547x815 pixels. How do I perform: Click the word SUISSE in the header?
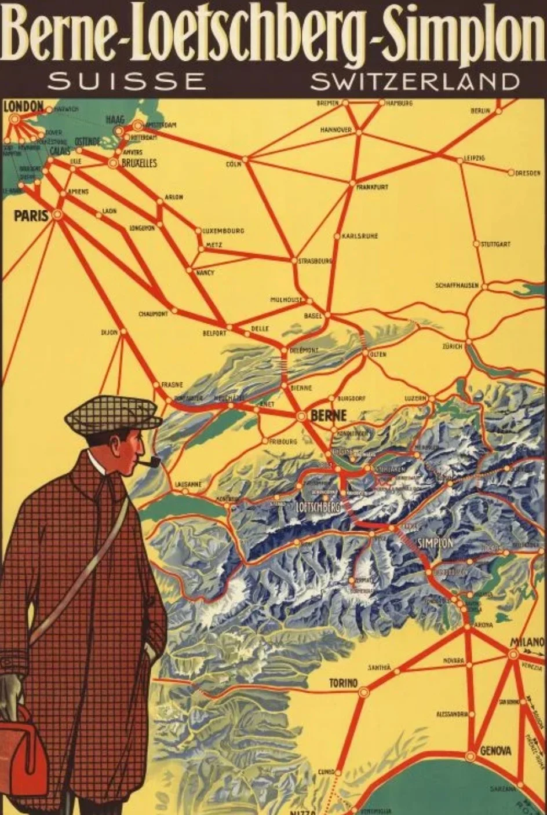(x=127, y=81)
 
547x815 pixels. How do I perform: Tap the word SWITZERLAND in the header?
(x=415, y=81)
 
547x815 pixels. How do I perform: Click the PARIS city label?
(x=31, y=216)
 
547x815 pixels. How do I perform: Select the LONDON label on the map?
(x=24, y=106)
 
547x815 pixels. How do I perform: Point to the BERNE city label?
(x=329, y=415)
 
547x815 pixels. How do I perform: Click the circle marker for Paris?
(x=57, y=215)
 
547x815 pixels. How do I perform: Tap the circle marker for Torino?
(x=364, y=692)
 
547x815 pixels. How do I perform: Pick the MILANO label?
(x=527, y=642)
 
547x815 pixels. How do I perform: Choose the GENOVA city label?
(x=495, y=751)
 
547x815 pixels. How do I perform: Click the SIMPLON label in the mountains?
(x=435, y=543)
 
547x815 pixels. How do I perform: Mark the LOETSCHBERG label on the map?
(x=317, y=507)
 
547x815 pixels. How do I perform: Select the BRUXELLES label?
(x=139, y=164)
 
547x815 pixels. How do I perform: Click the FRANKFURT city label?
(x=373, y=187)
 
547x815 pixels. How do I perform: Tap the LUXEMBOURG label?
(x=223, y=231)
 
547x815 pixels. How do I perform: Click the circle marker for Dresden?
(x=511, y=173)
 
